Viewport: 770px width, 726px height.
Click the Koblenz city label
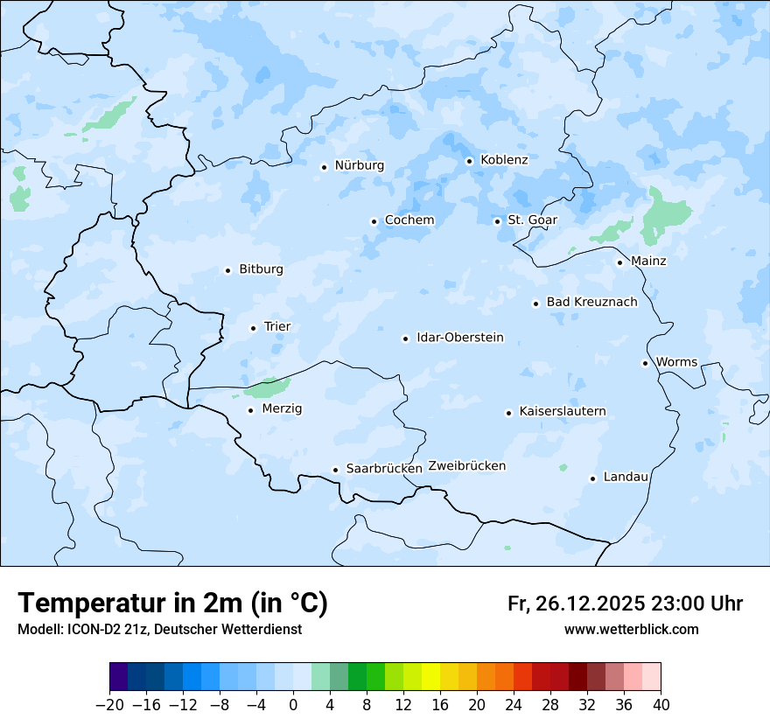tap(504, 160)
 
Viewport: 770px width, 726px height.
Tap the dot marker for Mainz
tap(619, 262)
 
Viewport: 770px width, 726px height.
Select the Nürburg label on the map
tap(359, 165)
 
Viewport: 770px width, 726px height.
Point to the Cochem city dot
tap(374, 221)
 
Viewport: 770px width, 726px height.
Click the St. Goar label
tap(532, 220)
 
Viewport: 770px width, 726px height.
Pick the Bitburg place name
tap(261, 269)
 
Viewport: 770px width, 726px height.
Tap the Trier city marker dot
tap(253, 328)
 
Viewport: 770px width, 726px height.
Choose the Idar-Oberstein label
tap(459, 338)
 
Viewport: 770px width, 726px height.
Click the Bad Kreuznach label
tap(591, 303)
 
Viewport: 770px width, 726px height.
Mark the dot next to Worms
tap(645, 363)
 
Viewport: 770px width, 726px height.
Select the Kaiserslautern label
tap(562, 412)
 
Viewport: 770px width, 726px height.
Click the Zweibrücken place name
tap(466, 466)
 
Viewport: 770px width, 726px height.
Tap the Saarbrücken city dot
tap(335, 470)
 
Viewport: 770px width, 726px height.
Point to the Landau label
tap(626, 478)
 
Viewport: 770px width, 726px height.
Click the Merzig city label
tap(283, 409)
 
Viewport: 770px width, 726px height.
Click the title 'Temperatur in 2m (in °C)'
tap(172, 604)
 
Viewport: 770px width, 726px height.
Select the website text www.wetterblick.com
tap(631, 630)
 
